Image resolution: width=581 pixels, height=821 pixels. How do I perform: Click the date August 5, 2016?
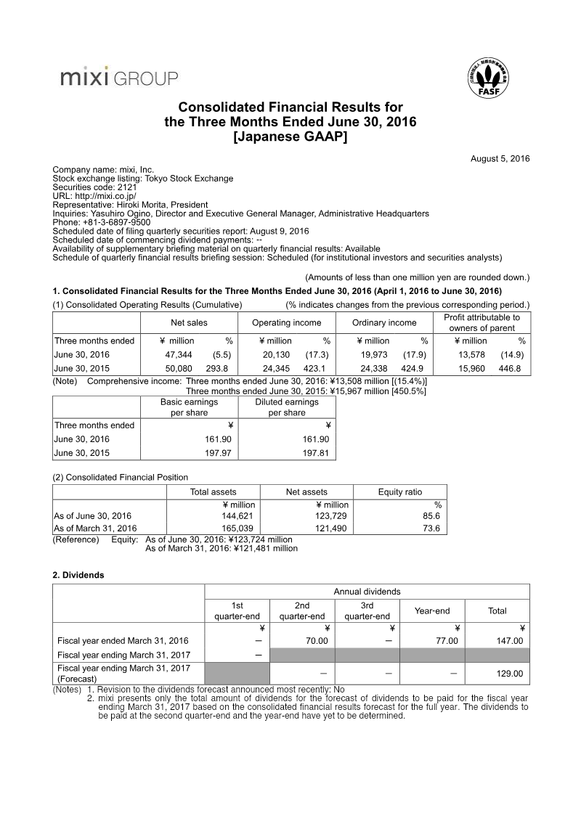pyautogui.click(x=500, y=158)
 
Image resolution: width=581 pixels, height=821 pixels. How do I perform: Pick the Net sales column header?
pyautogui.click(x=189, y=323)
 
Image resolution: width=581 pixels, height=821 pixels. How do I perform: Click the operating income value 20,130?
pyautogui.click(x=280, y=355)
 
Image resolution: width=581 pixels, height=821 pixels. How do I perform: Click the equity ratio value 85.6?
pyautogui.click(x=432, y=516)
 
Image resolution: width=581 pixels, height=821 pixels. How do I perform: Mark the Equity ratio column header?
pyautogui.click(x=400, y=491)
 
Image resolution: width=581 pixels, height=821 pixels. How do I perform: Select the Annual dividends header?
pyautogui.click(x=367, y=592)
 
